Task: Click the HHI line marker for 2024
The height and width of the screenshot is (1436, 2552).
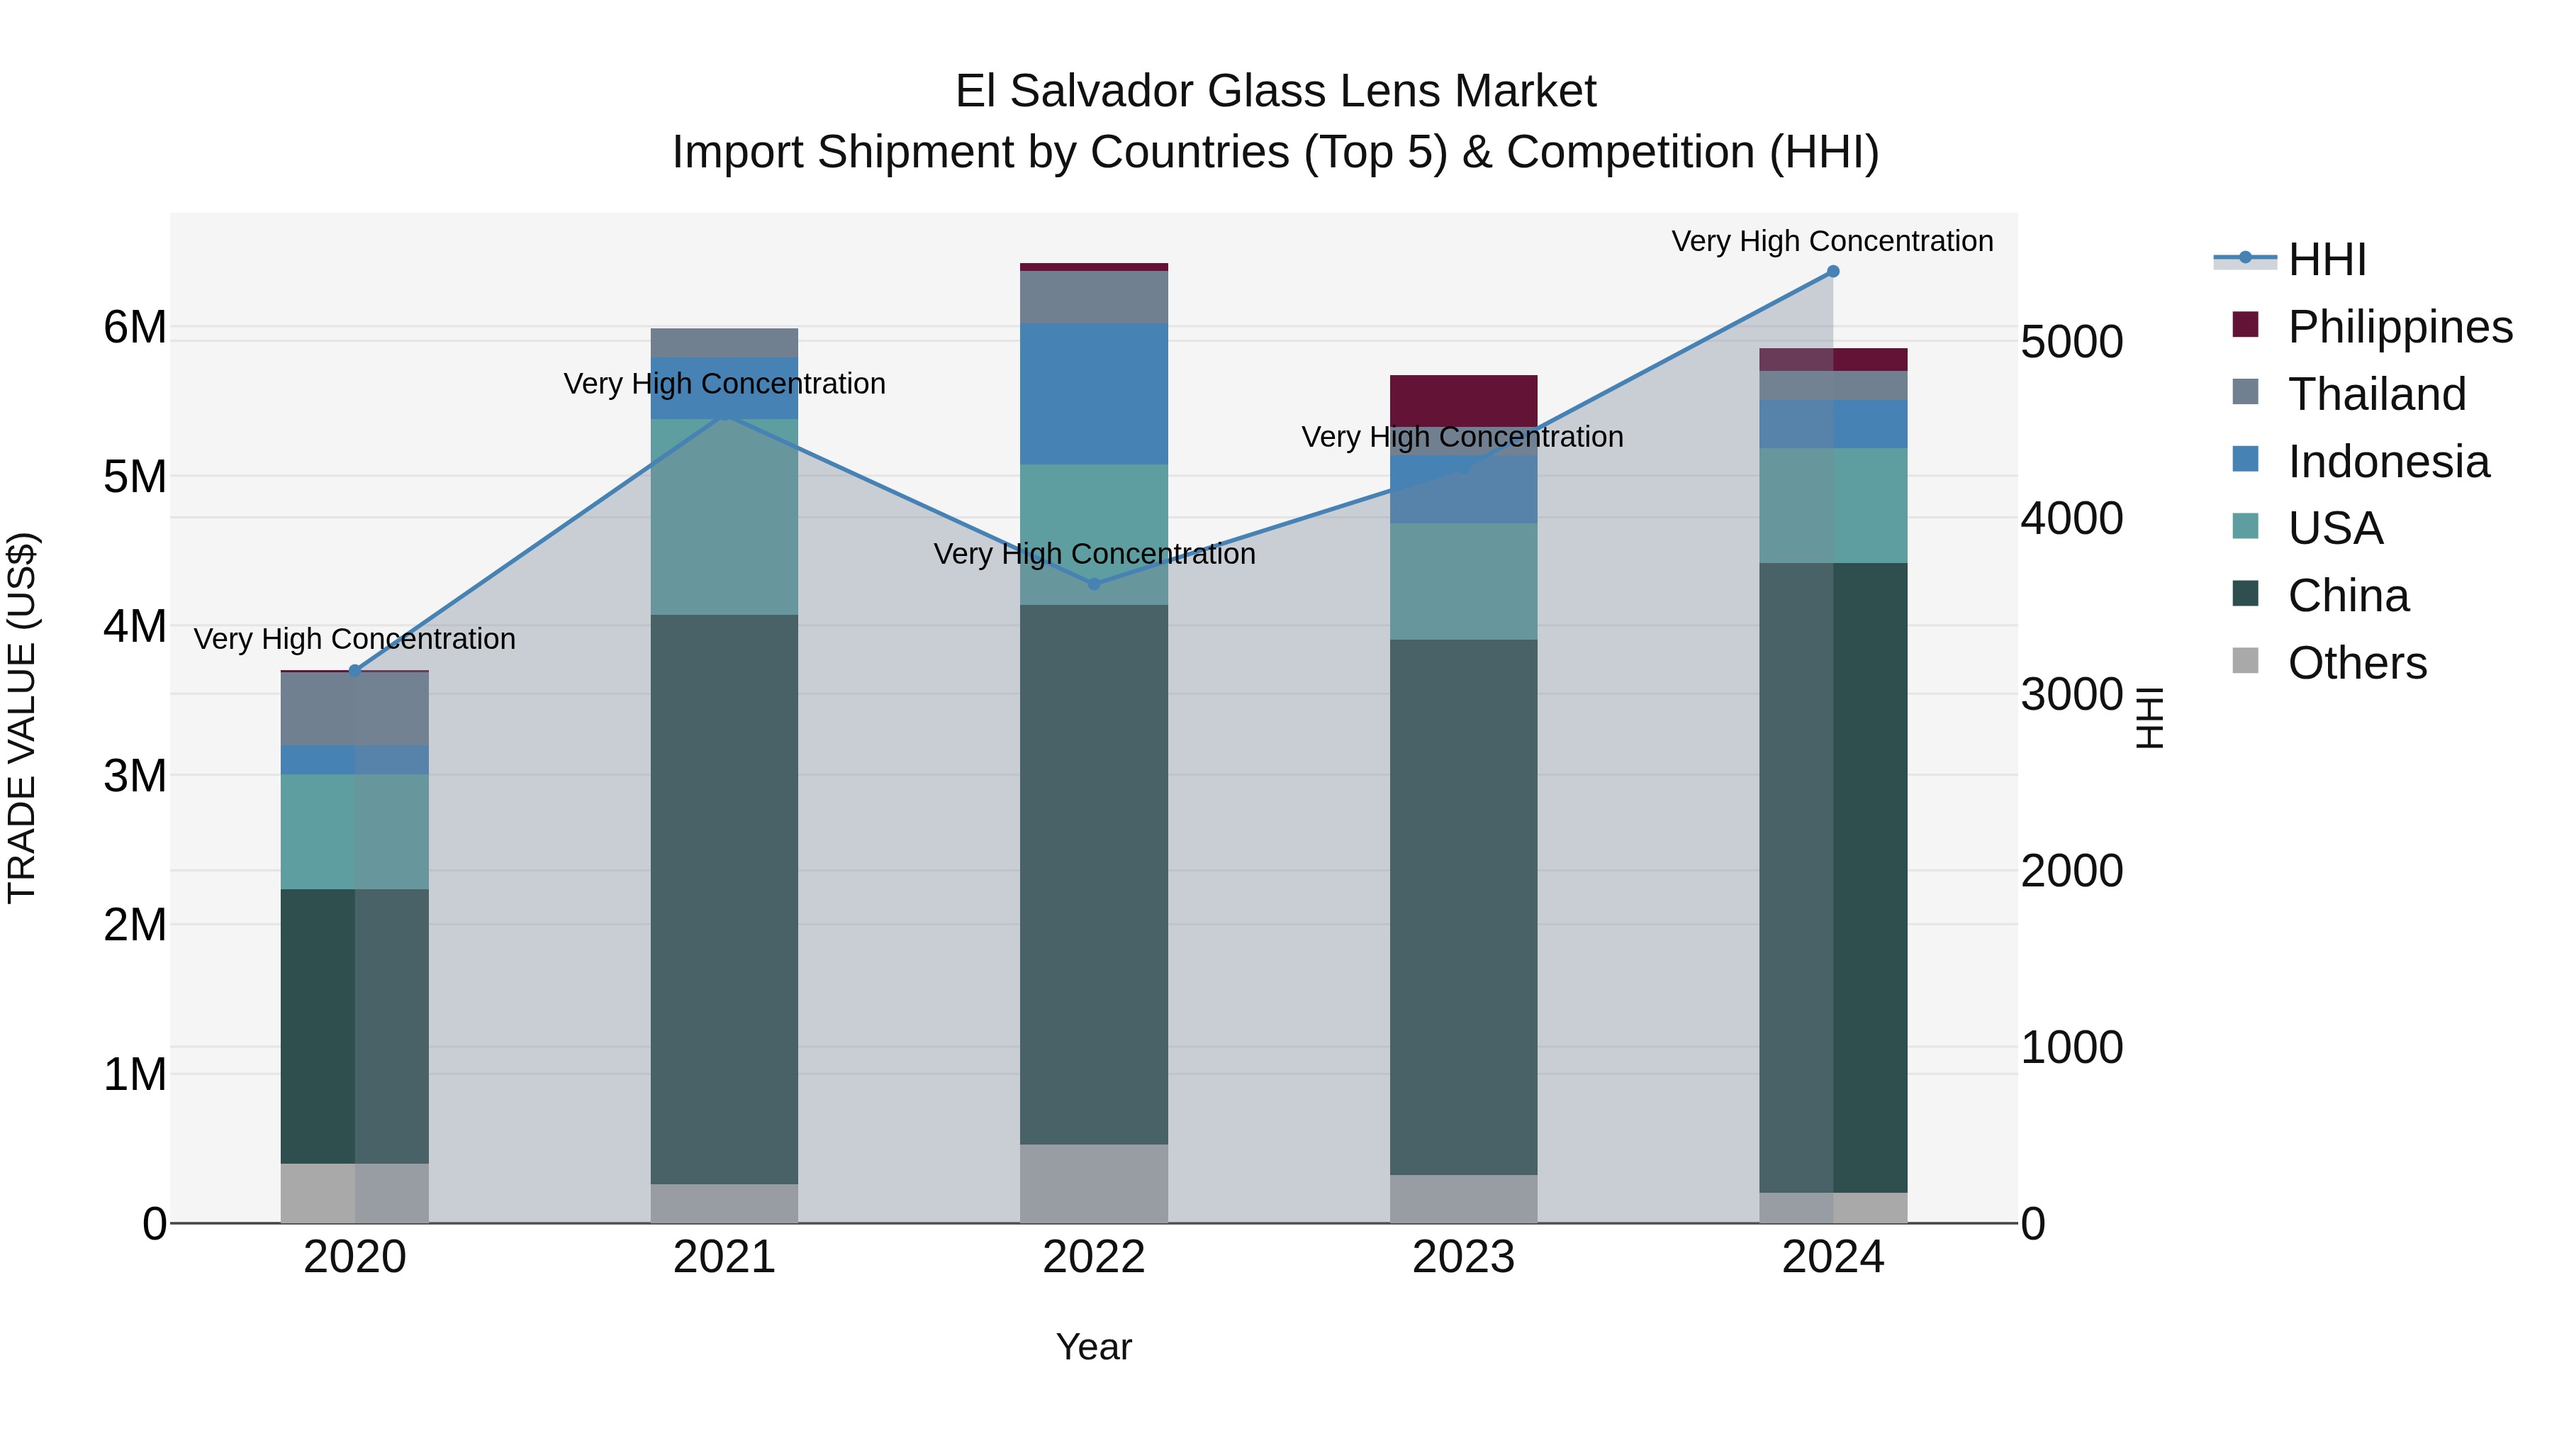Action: pos(1832,272)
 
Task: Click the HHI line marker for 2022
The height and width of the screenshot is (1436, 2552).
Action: pos(1094,585)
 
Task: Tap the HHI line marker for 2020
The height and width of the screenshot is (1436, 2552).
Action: pos(354,671)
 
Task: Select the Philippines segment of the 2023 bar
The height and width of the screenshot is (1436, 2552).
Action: pos(1463,401)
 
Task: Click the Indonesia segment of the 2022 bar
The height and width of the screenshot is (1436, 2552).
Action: pos(1094,394)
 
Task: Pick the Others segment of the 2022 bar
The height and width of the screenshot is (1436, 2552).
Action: pos(1094,1184)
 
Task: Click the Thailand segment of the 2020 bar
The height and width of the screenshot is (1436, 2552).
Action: pos(354,708)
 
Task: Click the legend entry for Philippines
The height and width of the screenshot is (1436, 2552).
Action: pos(2398,327)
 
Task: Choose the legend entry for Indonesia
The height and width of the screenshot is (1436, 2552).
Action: pos(2388,462)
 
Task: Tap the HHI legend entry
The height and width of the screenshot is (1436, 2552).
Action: pos(2326,260)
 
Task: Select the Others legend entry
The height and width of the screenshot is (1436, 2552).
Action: pos(2356,663)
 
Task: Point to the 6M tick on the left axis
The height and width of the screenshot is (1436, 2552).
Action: pos(135,327)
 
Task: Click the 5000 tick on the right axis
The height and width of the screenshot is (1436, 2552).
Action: pos(2071,342)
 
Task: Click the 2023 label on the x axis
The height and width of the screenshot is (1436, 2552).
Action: pos(1463,1257)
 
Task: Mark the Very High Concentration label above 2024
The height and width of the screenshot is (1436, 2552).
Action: pos(1832,241)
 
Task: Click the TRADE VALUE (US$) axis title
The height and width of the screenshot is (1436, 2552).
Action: pos(22,718)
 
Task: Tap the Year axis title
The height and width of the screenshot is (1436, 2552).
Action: pos(1094,1347)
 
